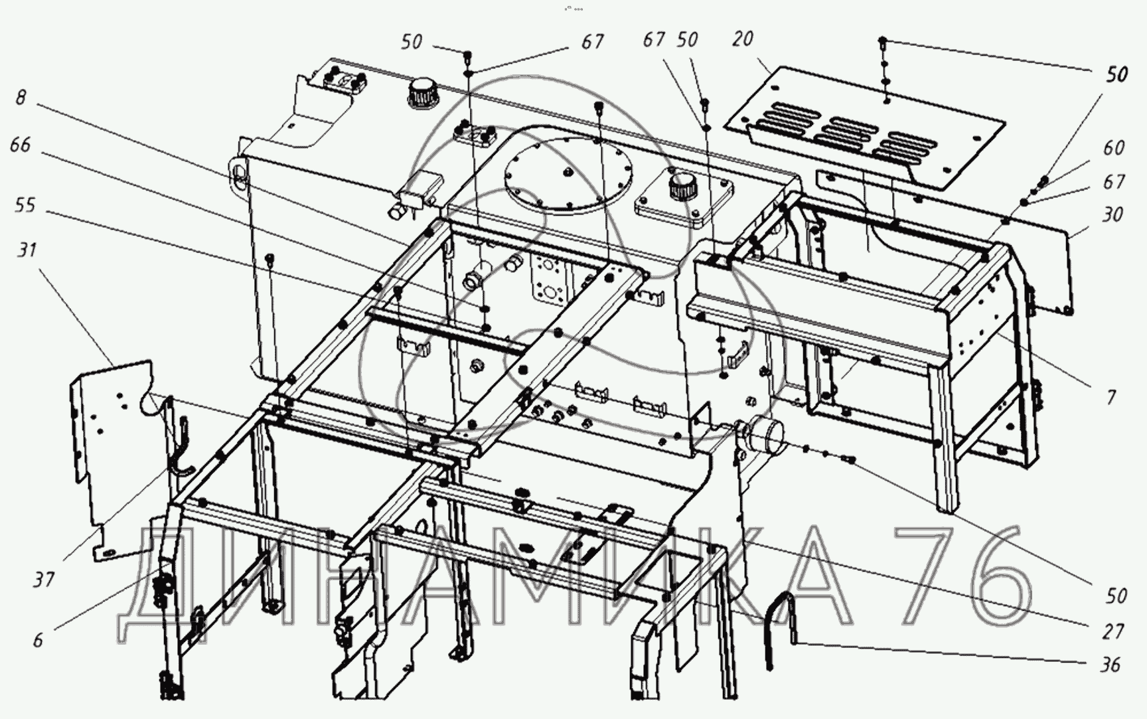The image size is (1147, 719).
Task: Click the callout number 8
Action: [21, 98]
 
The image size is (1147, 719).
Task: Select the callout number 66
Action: [21, 145]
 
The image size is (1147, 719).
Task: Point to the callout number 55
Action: [25, 205]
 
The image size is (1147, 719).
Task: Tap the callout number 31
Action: [27, 250]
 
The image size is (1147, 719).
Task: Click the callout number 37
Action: [44, 580]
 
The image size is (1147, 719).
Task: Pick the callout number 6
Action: [38, 640]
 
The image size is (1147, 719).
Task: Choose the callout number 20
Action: [743, 39]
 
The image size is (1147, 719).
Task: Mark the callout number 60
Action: [1114, 147]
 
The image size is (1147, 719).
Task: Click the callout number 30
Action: [1112, 214]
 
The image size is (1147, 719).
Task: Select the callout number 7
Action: [1111, 397]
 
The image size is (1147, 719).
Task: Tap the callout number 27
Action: [1113, 631]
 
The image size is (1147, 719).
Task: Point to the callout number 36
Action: [1110, 665]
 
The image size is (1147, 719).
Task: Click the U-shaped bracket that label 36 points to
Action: [781, 627]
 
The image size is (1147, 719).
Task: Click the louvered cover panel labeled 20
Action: [863, 126]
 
